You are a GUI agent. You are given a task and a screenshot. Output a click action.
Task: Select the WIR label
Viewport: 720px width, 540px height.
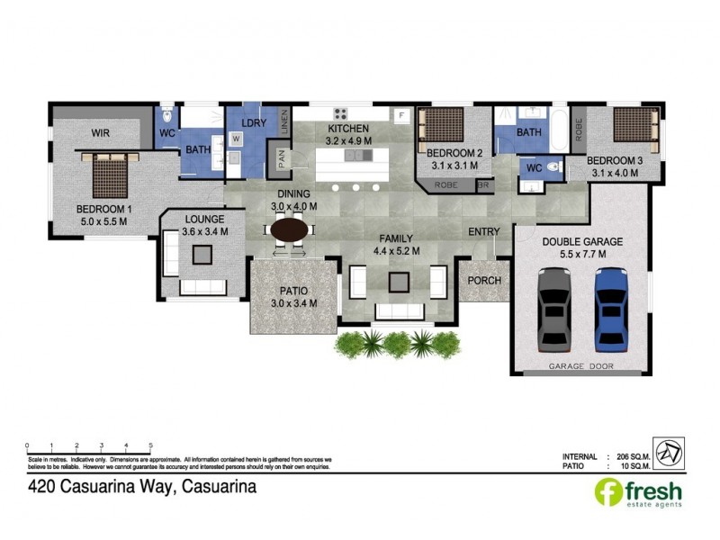100,132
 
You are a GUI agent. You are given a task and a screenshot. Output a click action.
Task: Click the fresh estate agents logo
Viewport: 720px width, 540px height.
639,494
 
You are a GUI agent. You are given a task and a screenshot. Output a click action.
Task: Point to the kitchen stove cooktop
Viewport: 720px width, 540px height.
341,114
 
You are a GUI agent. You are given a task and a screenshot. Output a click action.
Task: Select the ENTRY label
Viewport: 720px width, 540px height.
484,232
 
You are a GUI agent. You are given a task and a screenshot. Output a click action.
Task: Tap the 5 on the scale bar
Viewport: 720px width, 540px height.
150,445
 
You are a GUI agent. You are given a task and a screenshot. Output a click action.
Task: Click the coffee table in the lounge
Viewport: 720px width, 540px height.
201,255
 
